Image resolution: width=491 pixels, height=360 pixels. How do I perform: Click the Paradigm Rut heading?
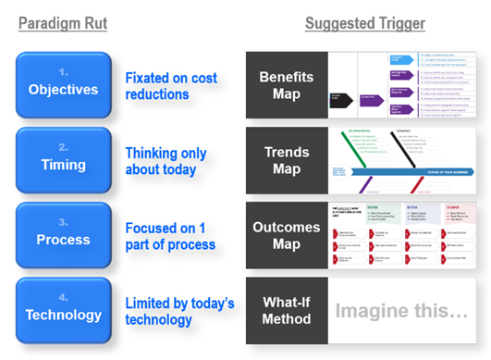click(63, 23)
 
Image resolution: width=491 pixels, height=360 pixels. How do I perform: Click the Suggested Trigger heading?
click(364, 23)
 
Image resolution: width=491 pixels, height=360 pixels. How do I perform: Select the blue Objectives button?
click(62, 83)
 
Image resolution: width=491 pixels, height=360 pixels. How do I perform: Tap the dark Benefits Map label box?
click(287, 85)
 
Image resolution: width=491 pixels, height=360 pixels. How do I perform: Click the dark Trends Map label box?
click(287, 160)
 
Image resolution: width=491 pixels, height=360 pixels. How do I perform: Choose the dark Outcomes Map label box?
click(287, 235)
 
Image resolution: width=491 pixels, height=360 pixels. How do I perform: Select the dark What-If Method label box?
click(287, 310)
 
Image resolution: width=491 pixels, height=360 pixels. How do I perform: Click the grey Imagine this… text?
click(402, 311)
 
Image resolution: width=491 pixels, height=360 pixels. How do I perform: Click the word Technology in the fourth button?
click(62, 315)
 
